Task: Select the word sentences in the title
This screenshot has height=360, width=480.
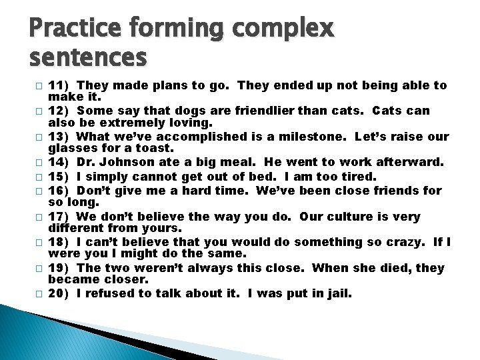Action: (x=89, y=58)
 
